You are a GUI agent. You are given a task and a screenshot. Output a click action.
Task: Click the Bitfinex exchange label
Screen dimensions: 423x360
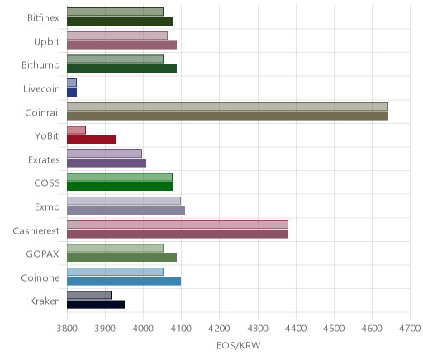coord(43,18)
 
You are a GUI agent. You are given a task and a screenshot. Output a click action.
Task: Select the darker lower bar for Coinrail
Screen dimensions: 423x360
coord(227,116)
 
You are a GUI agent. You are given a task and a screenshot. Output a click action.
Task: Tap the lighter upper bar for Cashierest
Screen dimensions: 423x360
coord(178,225)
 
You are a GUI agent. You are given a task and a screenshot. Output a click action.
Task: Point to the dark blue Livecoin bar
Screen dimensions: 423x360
coord(72,92)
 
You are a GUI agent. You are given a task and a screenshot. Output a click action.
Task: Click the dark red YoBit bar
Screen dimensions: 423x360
coord(91,140)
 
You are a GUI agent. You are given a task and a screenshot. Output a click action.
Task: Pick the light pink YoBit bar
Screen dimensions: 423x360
coord(76,130)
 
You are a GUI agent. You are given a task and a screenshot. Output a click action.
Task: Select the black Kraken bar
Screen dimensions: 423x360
coord(96,305)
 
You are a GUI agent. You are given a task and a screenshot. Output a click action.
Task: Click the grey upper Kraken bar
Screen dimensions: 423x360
coord(89,295)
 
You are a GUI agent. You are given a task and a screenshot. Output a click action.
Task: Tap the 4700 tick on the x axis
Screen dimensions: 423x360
coord(411,329)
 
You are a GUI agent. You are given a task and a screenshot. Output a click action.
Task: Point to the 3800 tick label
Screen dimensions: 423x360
coord(67,329)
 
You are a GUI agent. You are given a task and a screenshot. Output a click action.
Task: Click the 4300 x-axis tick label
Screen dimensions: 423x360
coord(258,329)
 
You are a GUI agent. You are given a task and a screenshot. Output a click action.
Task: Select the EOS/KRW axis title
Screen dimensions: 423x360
coord(239,345)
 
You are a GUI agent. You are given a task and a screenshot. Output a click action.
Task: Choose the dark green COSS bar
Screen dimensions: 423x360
coord(120,187)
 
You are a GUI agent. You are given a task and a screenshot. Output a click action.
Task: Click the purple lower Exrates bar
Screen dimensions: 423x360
coord(107,163)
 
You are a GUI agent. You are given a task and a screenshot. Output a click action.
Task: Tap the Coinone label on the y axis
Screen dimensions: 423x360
coord(40,277)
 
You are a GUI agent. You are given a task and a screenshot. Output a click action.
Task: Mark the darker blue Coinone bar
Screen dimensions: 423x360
coord(124,281)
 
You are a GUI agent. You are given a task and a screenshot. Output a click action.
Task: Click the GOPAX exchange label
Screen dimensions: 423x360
coord(43,253)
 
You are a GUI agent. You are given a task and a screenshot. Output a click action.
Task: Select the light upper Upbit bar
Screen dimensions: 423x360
coord(117,36)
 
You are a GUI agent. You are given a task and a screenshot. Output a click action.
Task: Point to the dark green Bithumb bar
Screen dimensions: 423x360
coord(121,69)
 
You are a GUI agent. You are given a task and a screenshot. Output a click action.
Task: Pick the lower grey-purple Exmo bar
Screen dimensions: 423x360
coord(126,211)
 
